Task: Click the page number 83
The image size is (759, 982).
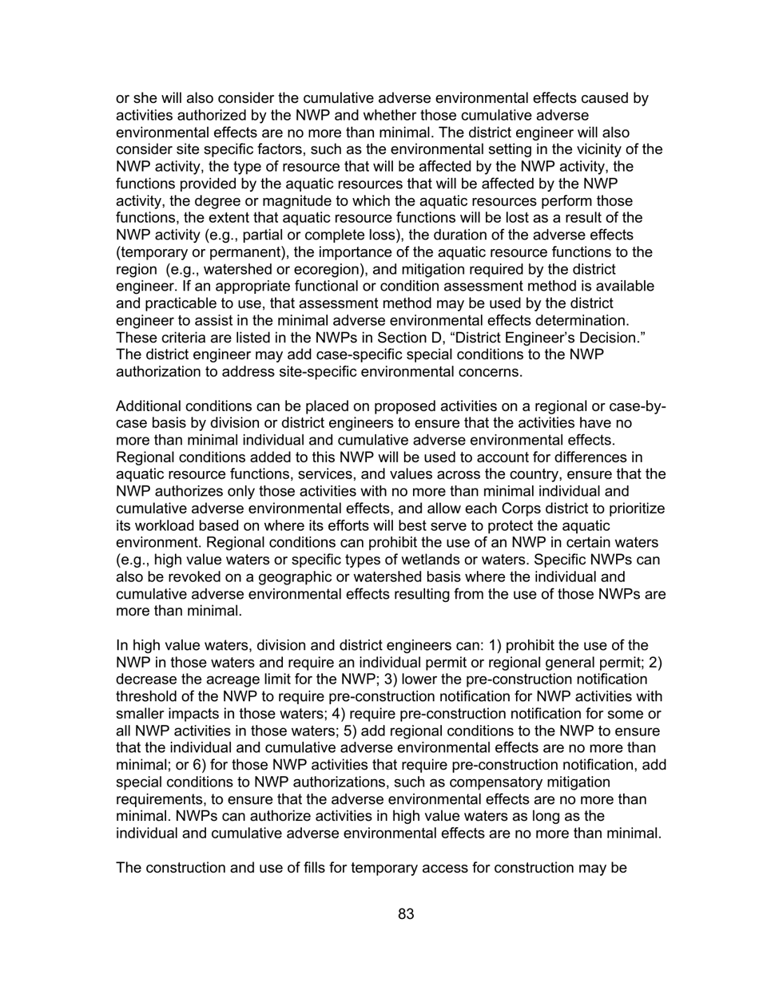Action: (x=406, y=915)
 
